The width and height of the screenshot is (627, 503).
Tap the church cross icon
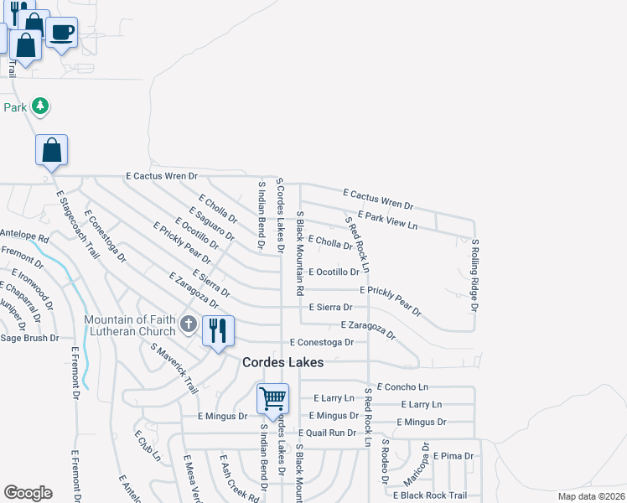click(x=189, y=324)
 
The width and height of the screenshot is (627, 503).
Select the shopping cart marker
click(x=273, y=399)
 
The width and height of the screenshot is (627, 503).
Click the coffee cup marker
click(x=62, y=34)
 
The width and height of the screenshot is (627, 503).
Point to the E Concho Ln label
click(x=402, y=386)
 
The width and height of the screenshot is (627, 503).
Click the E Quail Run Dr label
click(x=328, y=433)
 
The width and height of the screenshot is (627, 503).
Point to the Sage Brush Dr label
click(x=29, y=338)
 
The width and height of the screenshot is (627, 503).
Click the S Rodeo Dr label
click(x=385, y=461)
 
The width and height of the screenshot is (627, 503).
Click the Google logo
click(x=28, y=493)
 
